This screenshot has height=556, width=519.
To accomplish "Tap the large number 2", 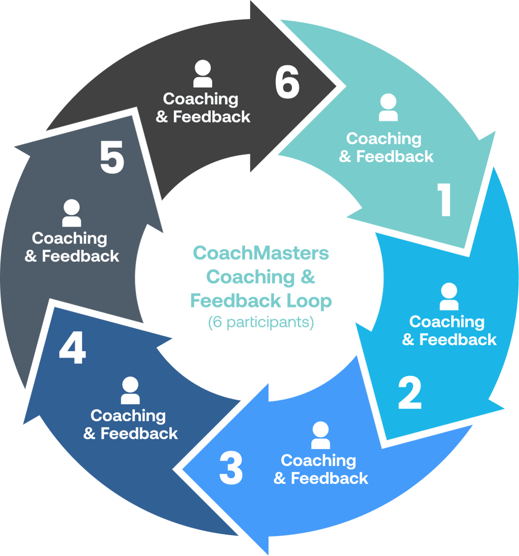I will pyautogui.click(x=410, y=392).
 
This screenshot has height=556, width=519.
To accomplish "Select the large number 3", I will pyautogui.click(x=231, y=469).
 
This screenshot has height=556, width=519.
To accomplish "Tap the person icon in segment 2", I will pyautogui.click(x=449, y=297).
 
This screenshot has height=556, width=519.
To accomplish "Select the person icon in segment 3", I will pyautogui.click(x=320, y=435).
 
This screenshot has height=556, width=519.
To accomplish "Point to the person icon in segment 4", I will pyautogui.click(x=130, y=390).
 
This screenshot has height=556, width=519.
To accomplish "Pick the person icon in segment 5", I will pyautogui.click(x=72, y=213).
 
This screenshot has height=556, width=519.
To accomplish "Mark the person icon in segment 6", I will pyautogui.click(x=203, y=74).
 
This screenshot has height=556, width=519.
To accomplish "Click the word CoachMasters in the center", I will pyautogui.click(x=260, y=253).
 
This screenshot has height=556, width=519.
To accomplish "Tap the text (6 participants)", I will pyautogui.click(x=260, y=323).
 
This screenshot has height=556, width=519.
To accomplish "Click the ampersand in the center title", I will pyautogui.click(x=307, y=277).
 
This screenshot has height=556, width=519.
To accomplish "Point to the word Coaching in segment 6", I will pyautogui.click(x=201, y=99).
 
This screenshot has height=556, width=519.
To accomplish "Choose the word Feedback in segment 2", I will pyautogui.click(x=458, y=340).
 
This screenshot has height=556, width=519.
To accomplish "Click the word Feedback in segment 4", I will pyautogui.click(x=139, y=433).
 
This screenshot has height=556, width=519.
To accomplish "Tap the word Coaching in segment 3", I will pyautogui.click(x=318, y=460).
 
